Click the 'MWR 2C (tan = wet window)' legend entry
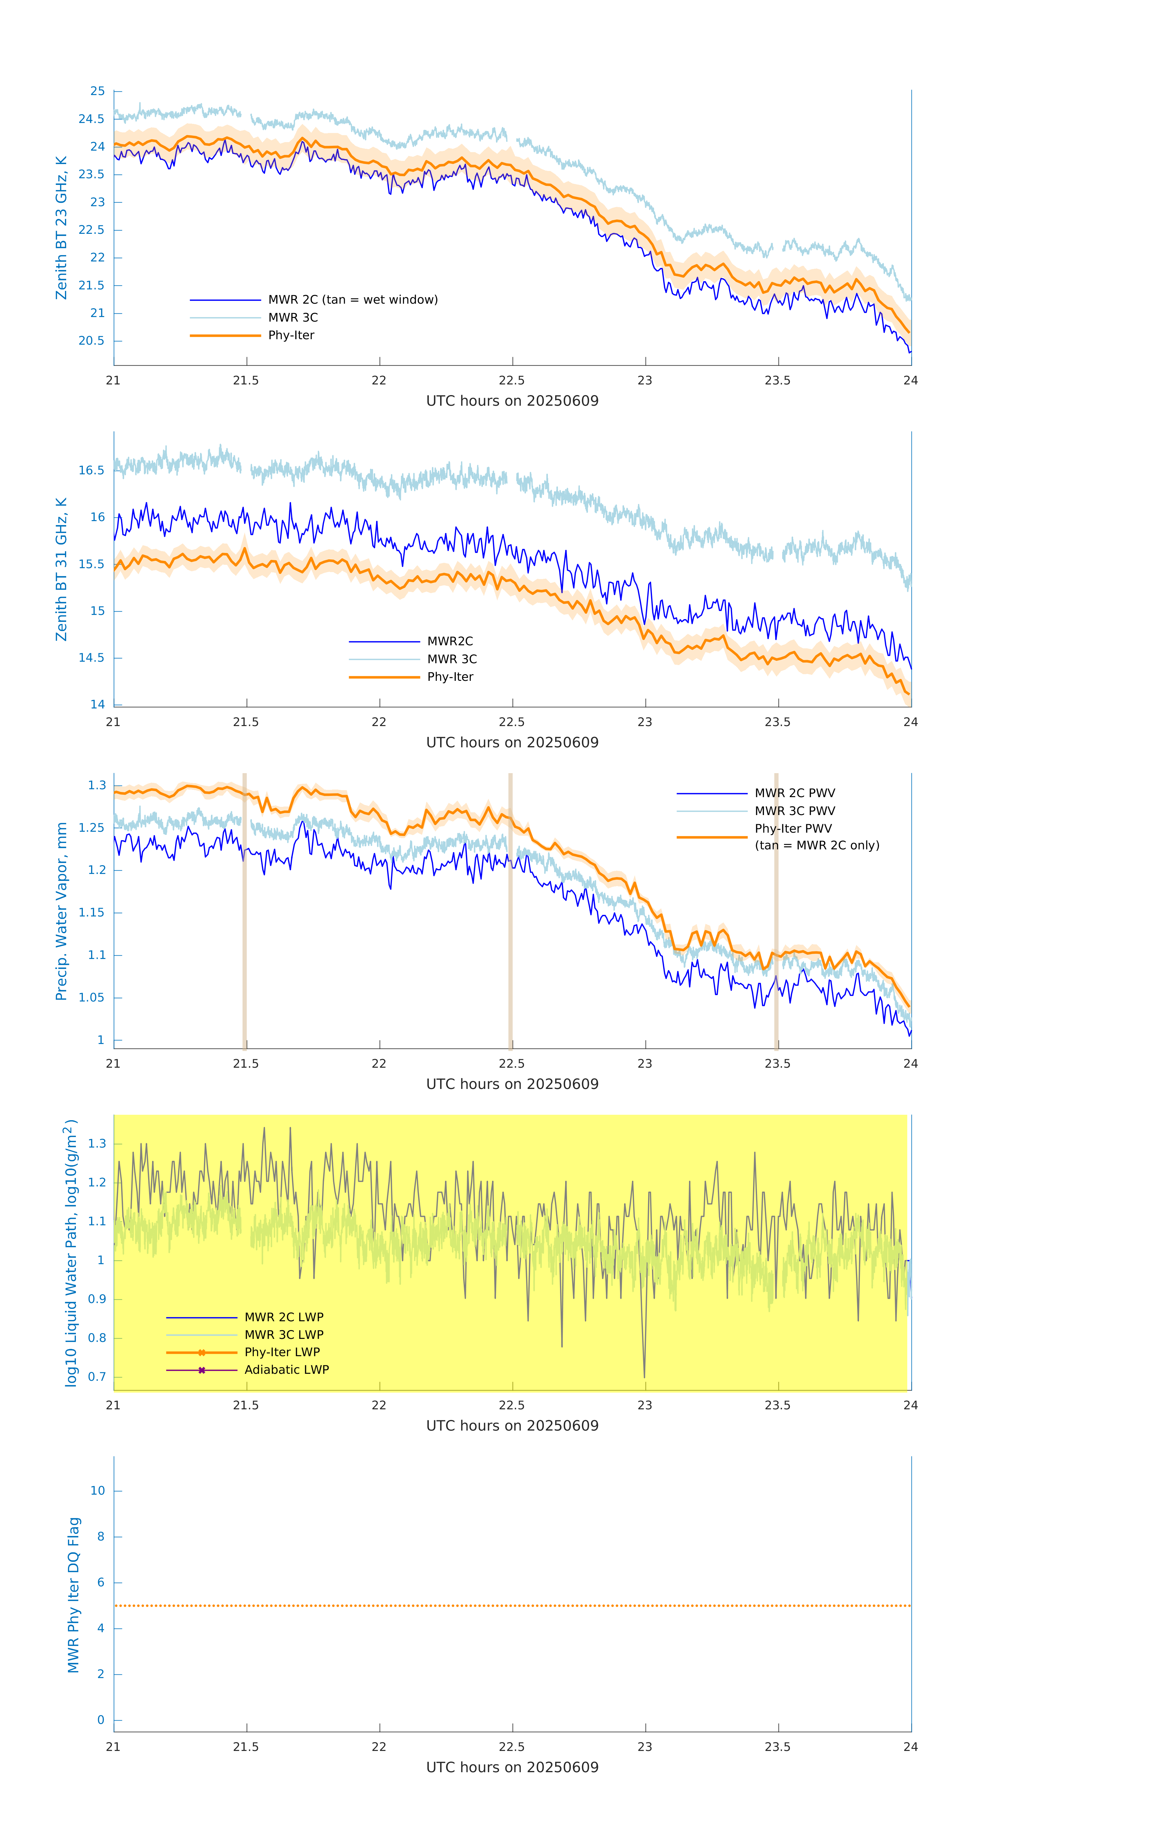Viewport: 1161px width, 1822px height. click(x=352, y=300)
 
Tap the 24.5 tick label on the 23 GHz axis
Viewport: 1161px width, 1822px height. click(x=92, y=119)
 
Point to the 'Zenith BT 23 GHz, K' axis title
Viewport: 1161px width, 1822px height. click(x=61, y=228)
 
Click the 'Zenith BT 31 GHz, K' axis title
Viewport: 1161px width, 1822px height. click(x=61, y=569)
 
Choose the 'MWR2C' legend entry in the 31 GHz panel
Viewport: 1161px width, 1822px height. click(x=450, y=641)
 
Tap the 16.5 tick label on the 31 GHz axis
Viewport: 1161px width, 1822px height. click(x=92, y=470)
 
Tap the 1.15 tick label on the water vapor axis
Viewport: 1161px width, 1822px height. click(x=92, y=913)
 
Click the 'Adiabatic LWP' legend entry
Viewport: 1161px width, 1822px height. click(x=287, y=1370)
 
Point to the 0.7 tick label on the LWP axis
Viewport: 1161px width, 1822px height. click(x=97, y=1376)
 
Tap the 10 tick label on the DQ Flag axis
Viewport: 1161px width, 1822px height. click(x=97, y=1491)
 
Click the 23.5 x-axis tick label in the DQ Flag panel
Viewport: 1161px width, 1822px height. click(x=778, y=1746)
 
